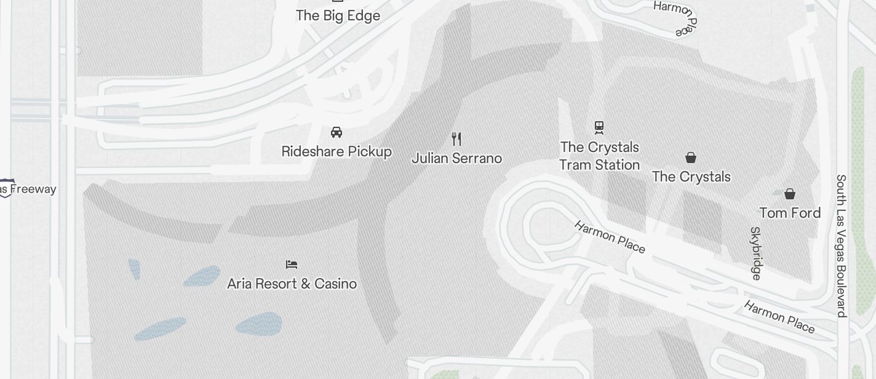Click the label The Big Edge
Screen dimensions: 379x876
point(338,15)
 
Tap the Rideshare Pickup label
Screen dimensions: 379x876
point(336,151)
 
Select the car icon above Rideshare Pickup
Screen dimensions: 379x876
point(336,132)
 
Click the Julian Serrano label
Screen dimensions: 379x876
point(456,158)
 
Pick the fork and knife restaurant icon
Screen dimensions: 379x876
point(456,138)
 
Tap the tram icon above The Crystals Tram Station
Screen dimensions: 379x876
point(599,127)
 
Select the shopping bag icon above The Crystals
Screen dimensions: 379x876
point(691,158)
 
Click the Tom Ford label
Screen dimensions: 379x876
point(790,213)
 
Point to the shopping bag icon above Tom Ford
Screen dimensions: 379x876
point(790,194)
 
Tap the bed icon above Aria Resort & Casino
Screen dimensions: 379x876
point(292,265)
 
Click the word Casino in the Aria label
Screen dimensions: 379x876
point(335,284)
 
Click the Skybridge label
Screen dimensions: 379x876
point(756,253)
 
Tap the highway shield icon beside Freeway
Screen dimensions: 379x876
point(6,189)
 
